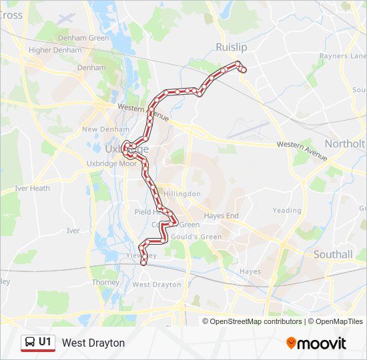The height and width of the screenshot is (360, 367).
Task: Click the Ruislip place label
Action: pyautogui.click(x=231, y=47)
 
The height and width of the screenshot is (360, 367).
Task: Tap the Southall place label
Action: pyautogui.click(x=333, y=254)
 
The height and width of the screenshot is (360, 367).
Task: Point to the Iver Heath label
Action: pyautogui.click(x=32, y=188)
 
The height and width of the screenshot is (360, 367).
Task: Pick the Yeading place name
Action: pyautogui.click(x=287, y=210)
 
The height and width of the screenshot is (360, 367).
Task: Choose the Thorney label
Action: pyautogui.click(x=105, y=282)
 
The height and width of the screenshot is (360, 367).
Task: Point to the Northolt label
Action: pyautogui.click(x=345, y=143)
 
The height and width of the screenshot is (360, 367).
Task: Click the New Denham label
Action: pyautogui.click(x=100, y=129)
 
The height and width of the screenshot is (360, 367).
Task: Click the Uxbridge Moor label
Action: pyautogui.click(x=111, y=163)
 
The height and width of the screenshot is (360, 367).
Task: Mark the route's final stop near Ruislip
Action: pyautogui.click(x=244, y=69)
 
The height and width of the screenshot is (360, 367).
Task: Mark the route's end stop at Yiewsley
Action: pyautogui.click(x=143, y=262)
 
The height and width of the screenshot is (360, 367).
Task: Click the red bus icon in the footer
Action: pyautogui.click(x=29, y=343)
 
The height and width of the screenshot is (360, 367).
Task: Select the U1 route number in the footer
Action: pyautogui.click(x=45, y=342)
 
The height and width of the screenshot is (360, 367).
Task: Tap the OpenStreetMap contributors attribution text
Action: pyautogui.click(x=256, y=321)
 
